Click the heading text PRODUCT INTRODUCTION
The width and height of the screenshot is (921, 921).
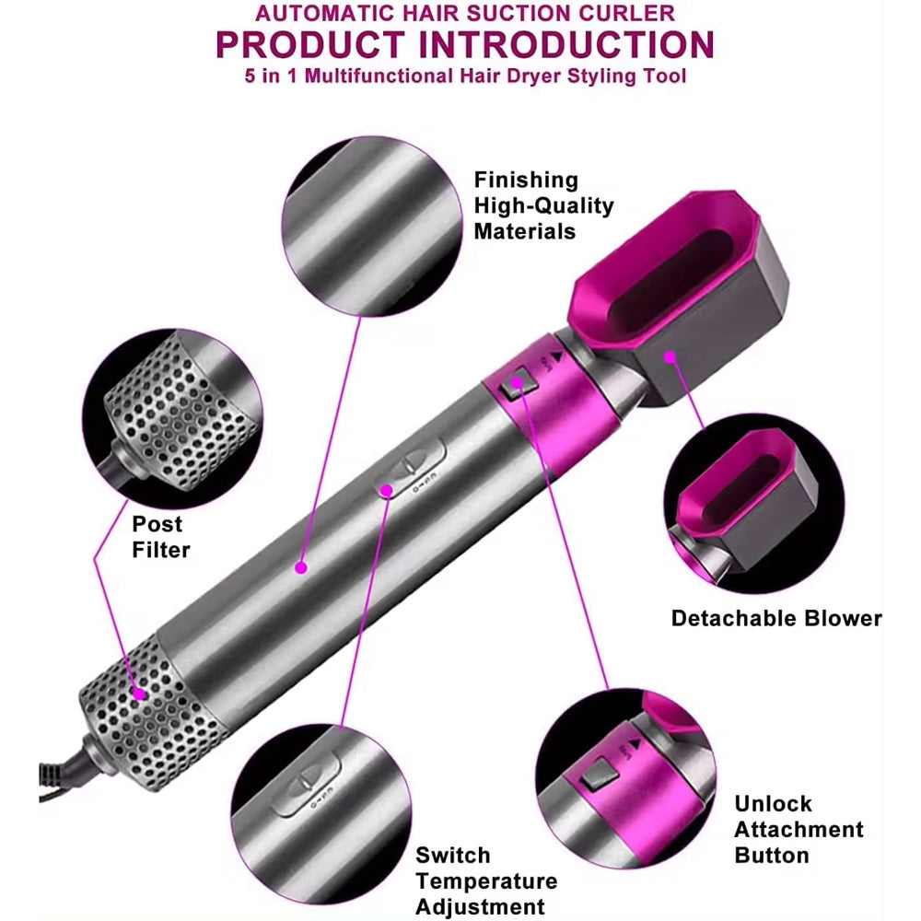coord(464,44)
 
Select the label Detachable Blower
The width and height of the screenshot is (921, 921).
coord(776,618)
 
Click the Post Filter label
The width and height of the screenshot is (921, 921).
coord(160,537)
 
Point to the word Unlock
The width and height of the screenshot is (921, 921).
coord(773,803)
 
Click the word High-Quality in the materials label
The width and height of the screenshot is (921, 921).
coord(543,205)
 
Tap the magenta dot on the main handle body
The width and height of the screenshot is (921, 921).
coord(301,567)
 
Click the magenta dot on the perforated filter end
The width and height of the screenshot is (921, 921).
coord(140,694)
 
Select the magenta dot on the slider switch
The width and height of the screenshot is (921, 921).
coord(387,490)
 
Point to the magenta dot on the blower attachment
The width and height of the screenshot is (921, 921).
coord(670,356)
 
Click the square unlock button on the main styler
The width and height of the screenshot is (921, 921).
coord(518,384)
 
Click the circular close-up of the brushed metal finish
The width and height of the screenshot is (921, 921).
coord(372,227)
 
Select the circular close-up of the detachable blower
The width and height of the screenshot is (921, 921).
coord(754,504)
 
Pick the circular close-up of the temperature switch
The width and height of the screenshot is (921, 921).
coord(321,814)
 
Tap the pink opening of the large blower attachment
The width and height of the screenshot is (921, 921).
coord(666,267)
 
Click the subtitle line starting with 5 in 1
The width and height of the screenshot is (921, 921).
coord(465,76)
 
